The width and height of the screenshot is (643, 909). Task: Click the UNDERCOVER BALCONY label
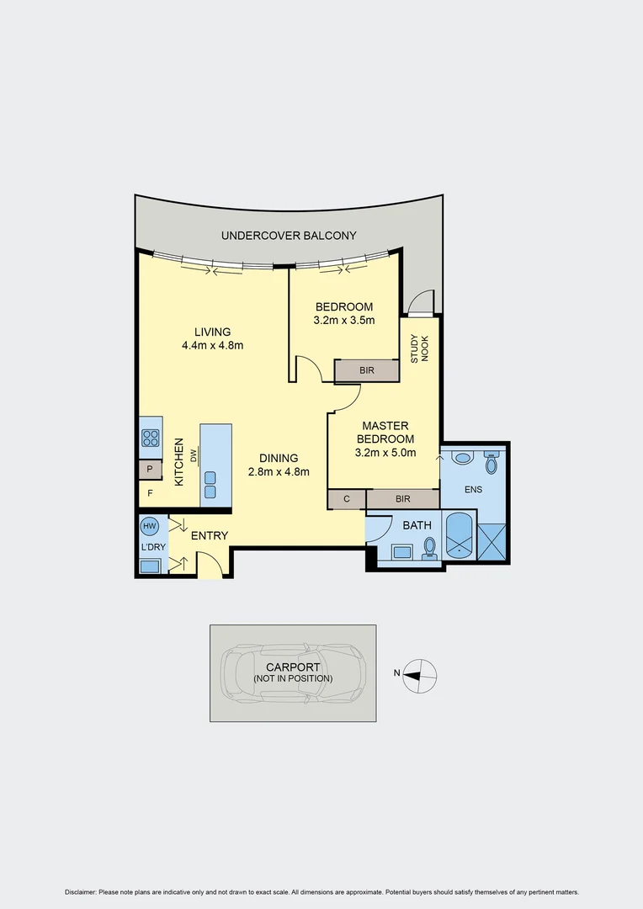tap(289, 237)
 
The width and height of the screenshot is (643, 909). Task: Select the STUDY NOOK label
tap(419, 348)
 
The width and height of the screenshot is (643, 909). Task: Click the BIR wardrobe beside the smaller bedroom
tap(367, 370)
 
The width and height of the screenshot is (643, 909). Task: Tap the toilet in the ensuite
tap(492, 463)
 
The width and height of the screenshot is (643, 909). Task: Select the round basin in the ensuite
tap(462, 460)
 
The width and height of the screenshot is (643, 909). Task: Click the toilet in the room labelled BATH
tap(430, 548)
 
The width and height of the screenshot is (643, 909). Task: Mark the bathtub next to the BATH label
tap(459, 535)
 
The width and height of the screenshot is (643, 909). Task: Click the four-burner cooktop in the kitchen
tap(151, 438)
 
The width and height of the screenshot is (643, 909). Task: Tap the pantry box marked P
tap(150, 470)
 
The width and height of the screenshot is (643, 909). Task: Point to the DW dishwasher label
tap(194, 455)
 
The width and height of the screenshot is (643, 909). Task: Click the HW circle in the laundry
tap(150, 526)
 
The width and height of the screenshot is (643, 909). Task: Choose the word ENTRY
tap(210, 536)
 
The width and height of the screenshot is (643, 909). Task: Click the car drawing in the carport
tap(292, 673)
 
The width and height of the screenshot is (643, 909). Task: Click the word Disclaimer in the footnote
tap(81, 892)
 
